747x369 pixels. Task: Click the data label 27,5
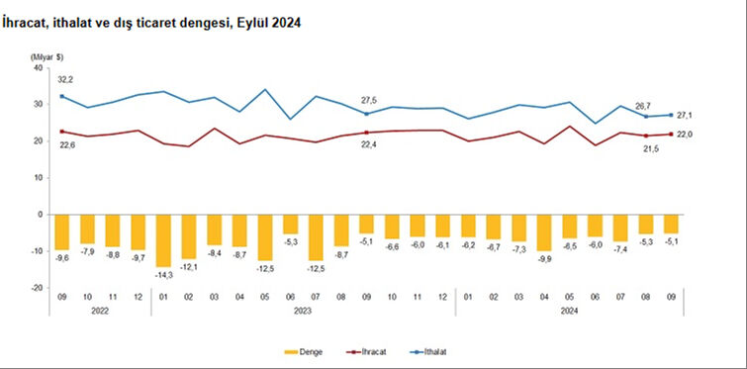[366, 100]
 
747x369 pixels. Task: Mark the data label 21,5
[647, 148]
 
